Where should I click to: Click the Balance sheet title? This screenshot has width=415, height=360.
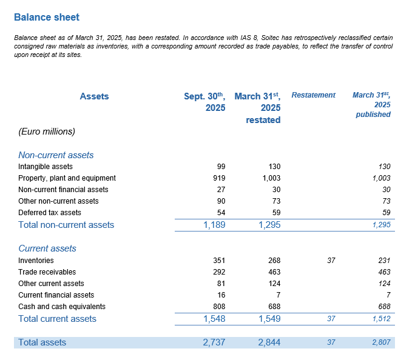tap(46, 18)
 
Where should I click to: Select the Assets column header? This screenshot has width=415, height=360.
tap(94, 96)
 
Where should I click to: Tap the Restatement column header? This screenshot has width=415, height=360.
tap(313, 95)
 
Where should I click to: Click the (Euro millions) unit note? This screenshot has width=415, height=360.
tap(47, 131)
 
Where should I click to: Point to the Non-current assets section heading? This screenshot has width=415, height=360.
tap(56, 155)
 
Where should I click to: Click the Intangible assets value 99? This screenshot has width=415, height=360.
tap(221, 167)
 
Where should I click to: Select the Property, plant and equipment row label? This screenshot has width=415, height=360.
tap(67, 178)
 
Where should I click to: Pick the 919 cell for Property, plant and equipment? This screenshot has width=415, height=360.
tap(219, 178)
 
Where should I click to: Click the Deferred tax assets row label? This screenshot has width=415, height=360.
tap(50, 213)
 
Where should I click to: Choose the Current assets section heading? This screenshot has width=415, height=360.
tap(47, 248)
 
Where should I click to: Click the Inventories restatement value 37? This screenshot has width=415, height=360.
tap(331, 261)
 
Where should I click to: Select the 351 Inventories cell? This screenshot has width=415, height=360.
tap(219, 261)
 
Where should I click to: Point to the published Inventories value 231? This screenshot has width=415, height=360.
tap(384, 261)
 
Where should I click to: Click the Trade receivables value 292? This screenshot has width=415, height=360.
tap(219, 272)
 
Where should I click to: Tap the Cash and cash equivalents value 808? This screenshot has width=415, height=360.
tap(219, 307)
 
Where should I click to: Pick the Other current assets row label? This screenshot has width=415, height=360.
tap(51, 284)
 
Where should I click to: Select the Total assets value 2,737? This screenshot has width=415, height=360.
tap(214, 342)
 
